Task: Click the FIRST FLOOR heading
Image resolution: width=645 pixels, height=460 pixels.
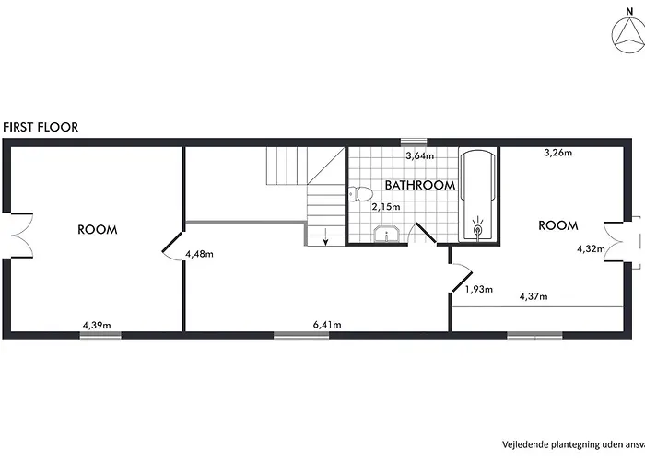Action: pos(41,127)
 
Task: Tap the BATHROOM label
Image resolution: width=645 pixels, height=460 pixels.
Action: pos(420,185)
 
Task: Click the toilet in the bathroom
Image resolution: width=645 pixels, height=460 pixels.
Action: pos(360,193)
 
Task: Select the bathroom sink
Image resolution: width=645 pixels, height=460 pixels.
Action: pos(386,235)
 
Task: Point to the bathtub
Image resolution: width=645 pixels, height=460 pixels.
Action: pos(477,196)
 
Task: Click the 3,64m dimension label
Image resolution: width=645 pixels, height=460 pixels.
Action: pos(420,156)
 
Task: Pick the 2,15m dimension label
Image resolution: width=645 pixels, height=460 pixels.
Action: pos(386,207)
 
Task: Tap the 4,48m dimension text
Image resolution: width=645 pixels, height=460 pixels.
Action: pos(199,254)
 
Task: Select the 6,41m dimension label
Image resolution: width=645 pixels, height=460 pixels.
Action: pos(327,325)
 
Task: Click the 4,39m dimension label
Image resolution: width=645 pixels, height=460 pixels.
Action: pos(97,326)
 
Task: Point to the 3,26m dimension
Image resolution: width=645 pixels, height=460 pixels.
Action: pos(557,153)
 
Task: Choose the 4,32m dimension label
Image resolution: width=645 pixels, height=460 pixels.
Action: pos(591,248)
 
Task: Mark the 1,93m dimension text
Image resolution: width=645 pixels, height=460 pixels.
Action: pos(479,290)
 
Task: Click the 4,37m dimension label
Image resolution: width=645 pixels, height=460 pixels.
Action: pos(534,296)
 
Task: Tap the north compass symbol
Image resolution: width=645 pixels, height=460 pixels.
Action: pos(628,37)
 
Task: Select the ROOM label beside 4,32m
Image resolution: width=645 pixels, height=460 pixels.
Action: pos(558,225)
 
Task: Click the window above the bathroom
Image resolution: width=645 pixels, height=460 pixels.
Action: pos(414,143)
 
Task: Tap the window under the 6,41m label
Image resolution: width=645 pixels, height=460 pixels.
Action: pos(301,336)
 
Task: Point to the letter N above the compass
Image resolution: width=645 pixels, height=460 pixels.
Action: pos(629,12)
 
